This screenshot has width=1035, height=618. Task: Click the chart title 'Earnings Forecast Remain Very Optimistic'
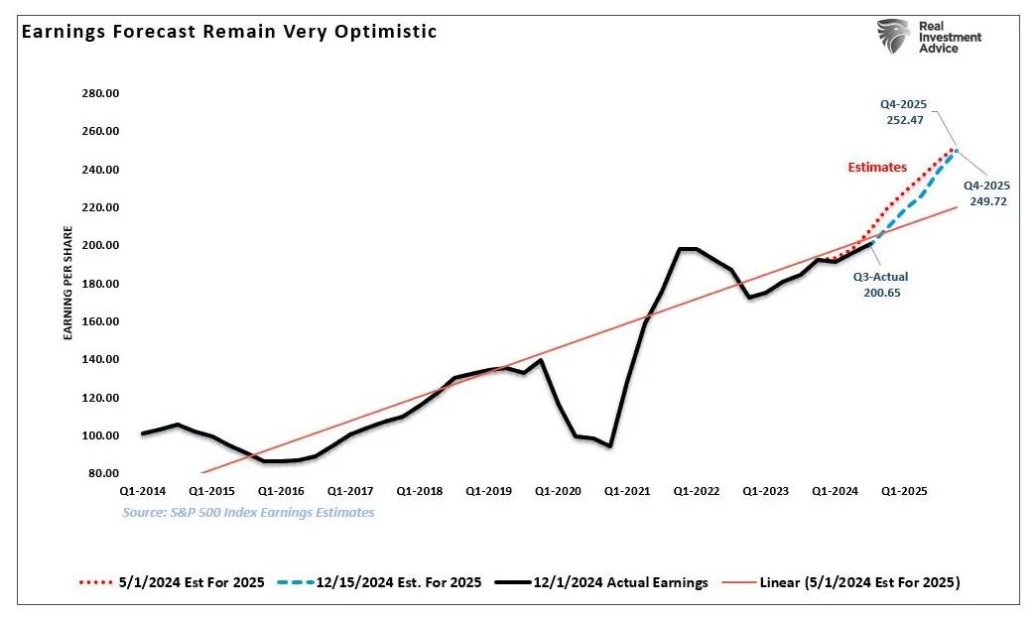click(229, 32)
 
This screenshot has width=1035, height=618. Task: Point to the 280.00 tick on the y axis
click(99, 93)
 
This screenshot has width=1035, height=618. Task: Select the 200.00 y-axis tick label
click(99, 246)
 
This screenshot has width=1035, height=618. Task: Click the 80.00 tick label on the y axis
click(102, 473)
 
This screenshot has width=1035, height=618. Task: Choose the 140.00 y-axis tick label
click(99, 360)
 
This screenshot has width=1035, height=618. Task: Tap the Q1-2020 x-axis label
click(558, 491)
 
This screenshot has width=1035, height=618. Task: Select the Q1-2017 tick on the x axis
click(350, 491)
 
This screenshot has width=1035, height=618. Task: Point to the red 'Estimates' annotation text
click(877, 168)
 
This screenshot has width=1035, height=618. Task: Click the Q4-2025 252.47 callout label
click(904, 111)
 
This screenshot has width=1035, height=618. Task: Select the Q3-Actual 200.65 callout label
click(881, 286)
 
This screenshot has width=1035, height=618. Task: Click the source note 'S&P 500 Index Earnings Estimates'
click(248, 513)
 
